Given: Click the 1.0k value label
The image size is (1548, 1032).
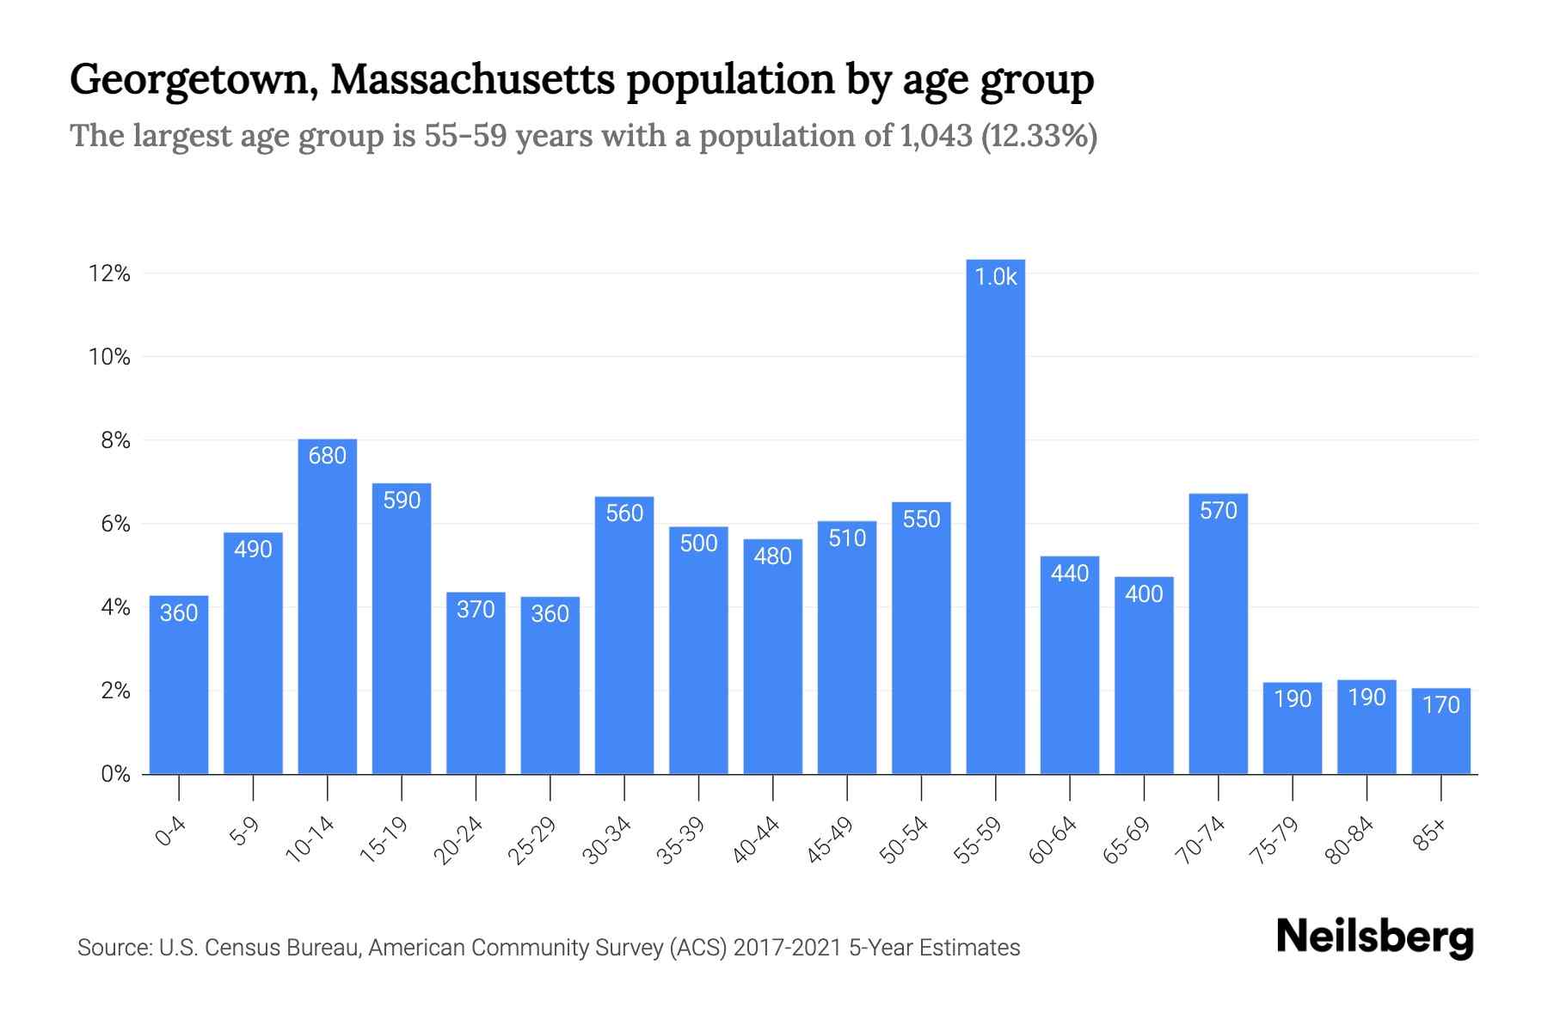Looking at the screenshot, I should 995,277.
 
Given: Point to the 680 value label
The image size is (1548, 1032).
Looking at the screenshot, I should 327,456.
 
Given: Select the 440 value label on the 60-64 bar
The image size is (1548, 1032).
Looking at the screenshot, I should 1069,574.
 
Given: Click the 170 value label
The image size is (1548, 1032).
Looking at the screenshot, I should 1440,705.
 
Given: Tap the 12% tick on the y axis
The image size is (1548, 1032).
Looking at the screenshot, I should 109,274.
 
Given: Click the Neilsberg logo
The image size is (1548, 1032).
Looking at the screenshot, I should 1374,937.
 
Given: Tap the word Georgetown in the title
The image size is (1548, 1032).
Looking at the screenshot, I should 191,80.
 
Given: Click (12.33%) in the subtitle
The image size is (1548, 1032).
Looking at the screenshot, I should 1039,136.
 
